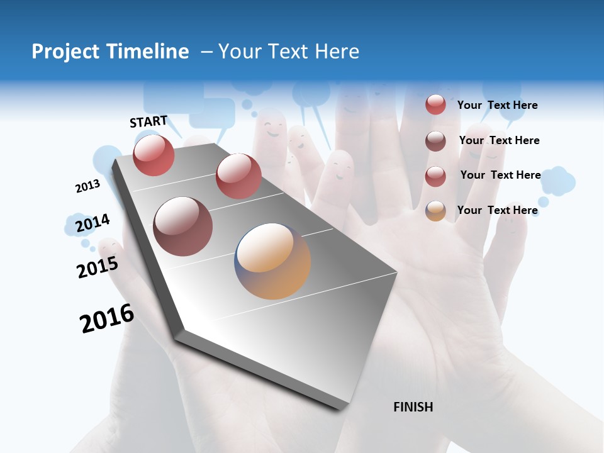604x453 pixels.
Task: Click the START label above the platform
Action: tap(148, 121)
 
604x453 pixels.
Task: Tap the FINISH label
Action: tap(413, 407)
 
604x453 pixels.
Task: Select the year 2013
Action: tap(87, 186)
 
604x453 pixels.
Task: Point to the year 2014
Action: tap(92, 223)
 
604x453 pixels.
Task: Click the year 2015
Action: tap(98, 266)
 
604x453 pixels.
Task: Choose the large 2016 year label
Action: tap(107, 318)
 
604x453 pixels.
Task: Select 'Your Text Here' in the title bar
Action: tap(289, 52)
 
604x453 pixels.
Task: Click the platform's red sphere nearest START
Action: tap(154, 155)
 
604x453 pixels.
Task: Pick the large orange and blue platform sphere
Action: tap(272, 260)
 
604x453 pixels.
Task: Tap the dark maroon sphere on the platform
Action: tap(182, 226)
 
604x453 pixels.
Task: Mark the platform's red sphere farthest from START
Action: tap(238, 176)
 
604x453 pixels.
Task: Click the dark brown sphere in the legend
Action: tap(435, 141)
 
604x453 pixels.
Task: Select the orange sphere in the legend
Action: tap(435, 211)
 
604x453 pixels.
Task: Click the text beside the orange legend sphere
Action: tap(497, 210)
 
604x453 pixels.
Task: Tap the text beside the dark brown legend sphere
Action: tap(499, 140)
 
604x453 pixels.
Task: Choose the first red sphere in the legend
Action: tap(435, 104)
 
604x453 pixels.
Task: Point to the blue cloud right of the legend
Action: tap(557, 181)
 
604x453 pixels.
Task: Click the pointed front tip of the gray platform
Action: tap(343, 408)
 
